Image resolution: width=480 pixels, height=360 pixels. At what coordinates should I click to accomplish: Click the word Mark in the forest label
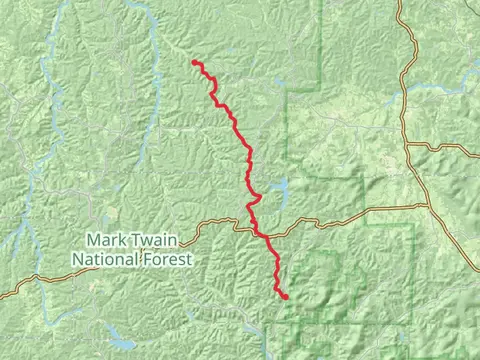pos(105,240)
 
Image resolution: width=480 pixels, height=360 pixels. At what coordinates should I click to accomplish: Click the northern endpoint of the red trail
pos(194,63)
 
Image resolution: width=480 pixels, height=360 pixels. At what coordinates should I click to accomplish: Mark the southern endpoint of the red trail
pos(285,297)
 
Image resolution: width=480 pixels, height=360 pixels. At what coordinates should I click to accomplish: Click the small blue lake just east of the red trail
pos(279,189)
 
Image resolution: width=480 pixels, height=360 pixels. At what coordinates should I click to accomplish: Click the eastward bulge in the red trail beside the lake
pos(258,196)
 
